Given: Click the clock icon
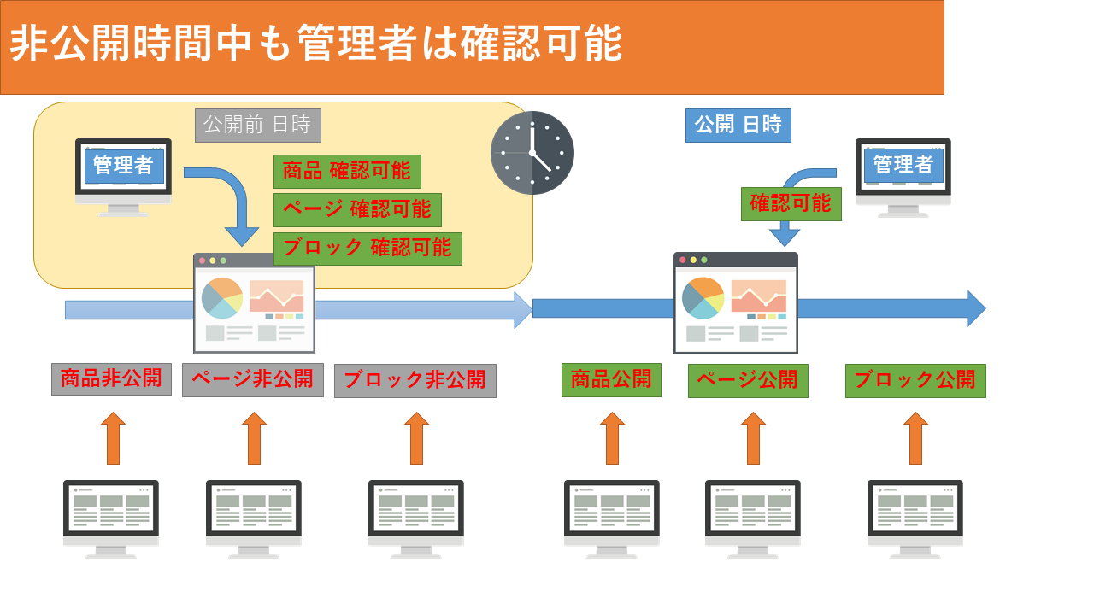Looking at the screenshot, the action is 532,153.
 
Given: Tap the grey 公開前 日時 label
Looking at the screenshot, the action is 258,126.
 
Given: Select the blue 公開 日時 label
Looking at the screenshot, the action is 738,126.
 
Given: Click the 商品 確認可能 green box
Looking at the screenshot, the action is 347,172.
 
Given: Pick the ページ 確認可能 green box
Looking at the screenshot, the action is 357,210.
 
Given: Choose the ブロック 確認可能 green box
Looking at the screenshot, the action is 368,249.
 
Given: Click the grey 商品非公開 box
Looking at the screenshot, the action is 111,379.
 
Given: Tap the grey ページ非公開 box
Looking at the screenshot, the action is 253,380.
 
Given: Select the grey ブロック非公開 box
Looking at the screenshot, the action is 415,381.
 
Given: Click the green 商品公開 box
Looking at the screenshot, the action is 611,380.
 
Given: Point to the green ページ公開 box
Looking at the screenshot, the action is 748,381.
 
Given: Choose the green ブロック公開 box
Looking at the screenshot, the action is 915,381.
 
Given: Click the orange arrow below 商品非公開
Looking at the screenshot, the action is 114,438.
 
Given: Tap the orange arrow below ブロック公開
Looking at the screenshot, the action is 915,438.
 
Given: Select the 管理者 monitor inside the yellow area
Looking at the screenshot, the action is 123,177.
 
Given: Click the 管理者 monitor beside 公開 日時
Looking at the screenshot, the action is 903,178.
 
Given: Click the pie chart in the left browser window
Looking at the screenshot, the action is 222,298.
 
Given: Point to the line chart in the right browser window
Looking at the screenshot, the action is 758,296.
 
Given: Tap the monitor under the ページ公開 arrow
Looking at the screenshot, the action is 753,519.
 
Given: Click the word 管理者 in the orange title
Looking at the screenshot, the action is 356,44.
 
